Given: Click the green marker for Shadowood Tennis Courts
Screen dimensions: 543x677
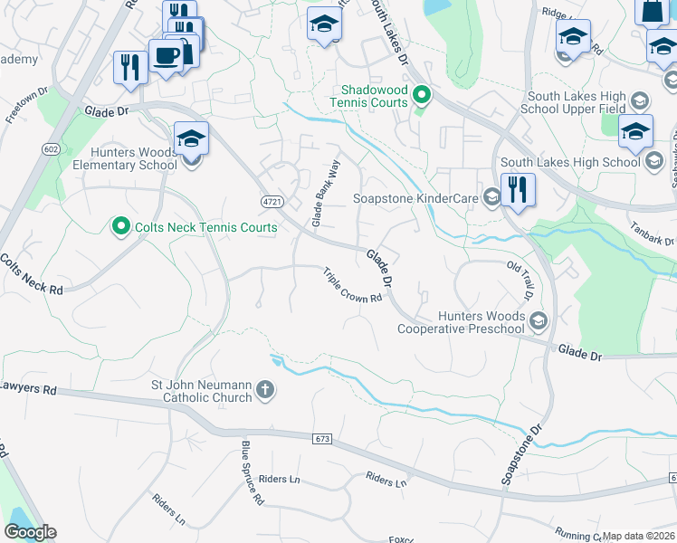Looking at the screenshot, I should [x=421, y=94].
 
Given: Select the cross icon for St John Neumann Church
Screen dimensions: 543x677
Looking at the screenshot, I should [x=265, y=391].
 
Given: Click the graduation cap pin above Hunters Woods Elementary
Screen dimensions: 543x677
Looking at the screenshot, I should [x=191, y=139].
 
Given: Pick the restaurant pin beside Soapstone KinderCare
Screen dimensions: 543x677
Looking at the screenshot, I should [x=517, y=190].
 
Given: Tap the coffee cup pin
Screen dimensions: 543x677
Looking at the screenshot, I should [x=166, y=56].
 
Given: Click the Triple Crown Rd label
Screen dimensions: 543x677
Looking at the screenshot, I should [x=353, y=286].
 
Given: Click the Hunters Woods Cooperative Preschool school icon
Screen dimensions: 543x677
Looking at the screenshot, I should [x=539, y=320].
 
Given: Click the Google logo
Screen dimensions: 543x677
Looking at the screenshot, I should [x=30, y=532].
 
